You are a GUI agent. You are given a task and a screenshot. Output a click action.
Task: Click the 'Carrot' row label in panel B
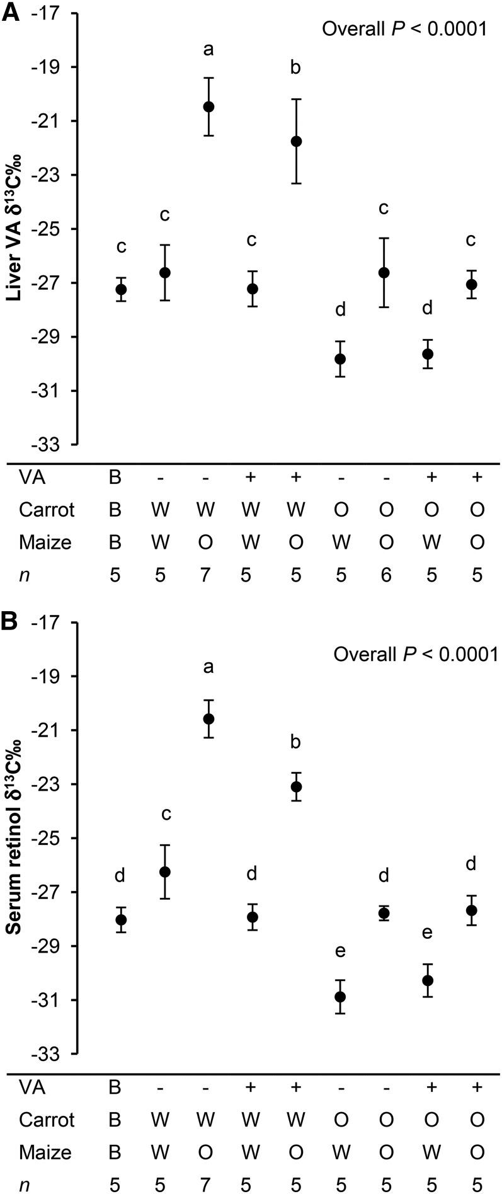pos(47,1120)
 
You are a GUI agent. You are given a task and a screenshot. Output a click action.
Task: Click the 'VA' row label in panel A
pos(31,478)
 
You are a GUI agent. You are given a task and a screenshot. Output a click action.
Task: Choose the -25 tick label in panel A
pos(54,229)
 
